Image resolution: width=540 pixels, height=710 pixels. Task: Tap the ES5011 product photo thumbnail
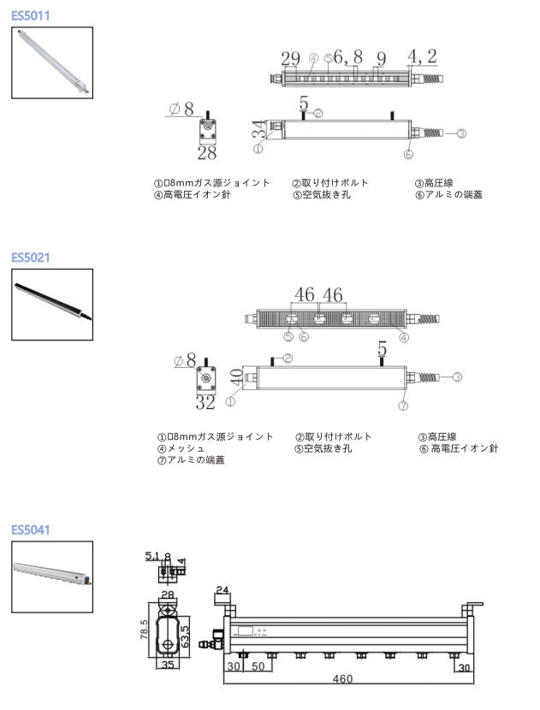(52, 62)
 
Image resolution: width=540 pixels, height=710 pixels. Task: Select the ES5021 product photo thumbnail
(52, 305)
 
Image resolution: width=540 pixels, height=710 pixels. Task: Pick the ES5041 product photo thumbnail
(52, 577)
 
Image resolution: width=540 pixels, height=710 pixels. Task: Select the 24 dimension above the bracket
(223, 589)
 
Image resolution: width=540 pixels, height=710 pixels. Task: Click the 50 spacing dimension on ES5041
(256, 667)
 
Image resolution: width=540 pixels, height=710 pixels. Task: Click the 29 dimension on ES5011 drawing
(290, 58)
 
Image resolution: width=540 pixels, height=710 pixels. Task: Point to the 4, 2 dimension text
(422, 56)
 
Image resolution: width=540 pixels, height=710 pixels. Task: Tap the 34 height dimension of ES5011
(258, 131)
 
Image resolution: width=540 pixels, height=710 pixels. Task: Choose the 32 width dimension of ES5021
(205, 401)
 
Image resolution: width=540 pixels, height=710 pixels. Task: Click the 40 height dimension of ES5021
(236, 378)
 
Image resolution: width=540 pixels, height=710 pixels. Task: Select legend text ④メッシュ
(181, 448)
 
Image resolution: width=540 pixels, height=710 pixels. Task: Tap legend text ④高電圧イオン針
(192, 194)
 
